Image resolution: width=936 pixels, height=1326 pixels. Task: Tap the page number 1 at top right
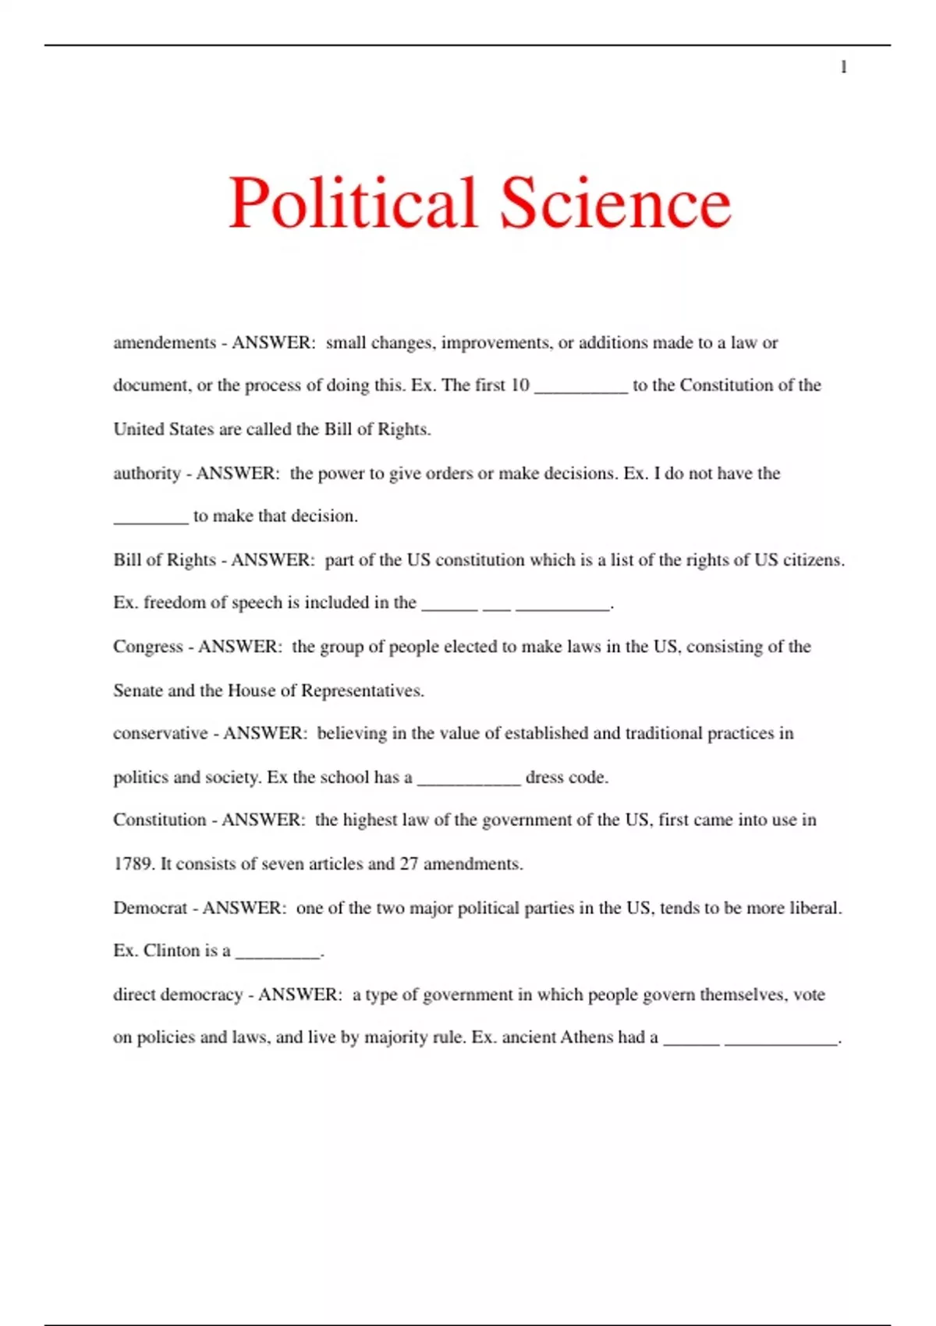click(843, 67)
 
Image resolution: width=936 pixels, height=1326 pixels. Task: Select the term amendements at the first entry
click(165, 343)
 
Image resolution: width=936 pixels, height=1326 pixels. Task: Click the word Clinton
click(172, 951)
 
